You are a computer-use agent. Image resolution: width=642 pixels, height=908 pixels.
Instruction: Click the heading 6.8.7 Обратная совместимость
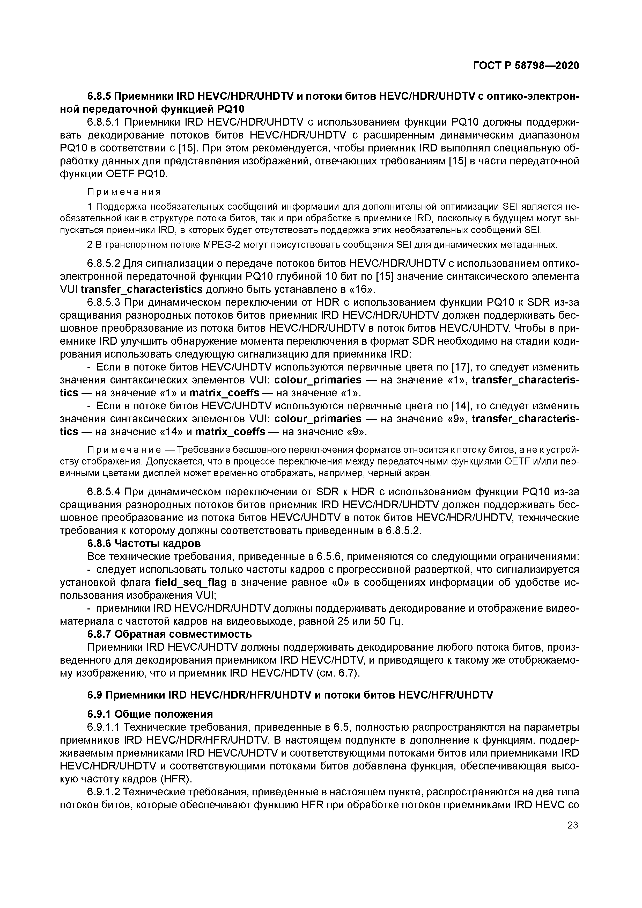coord(169,634)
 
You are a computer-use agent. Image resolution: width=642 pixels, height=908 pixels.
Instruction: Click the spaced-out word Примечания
coord(124,192)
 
